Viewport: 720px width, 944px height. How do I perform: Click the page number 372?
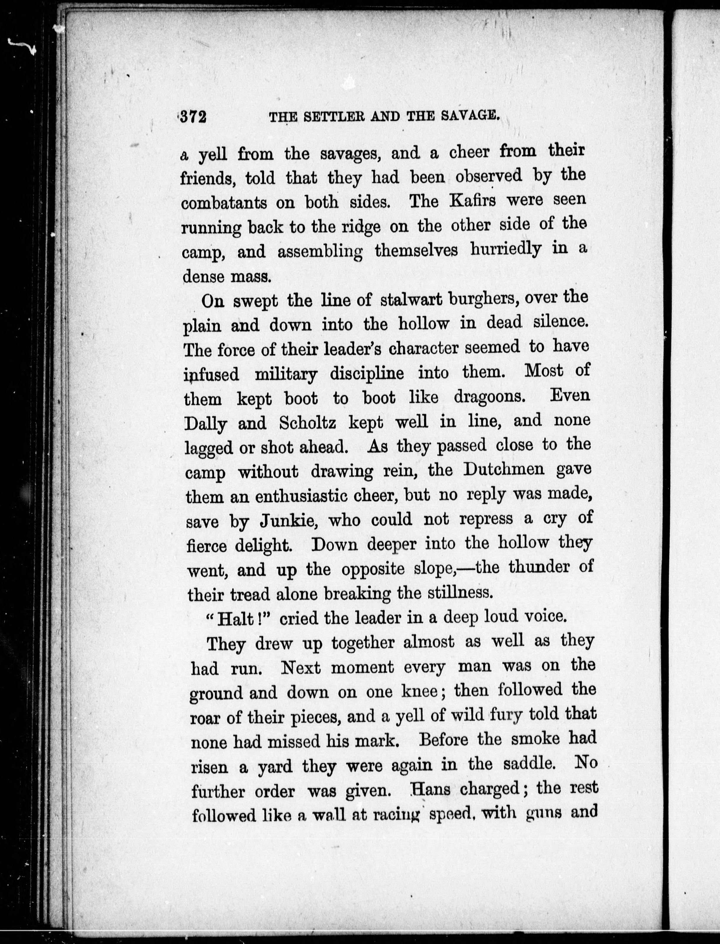tap(194, 117)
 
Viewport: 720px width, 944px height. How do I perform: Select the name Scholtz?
tap(307, 423)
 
